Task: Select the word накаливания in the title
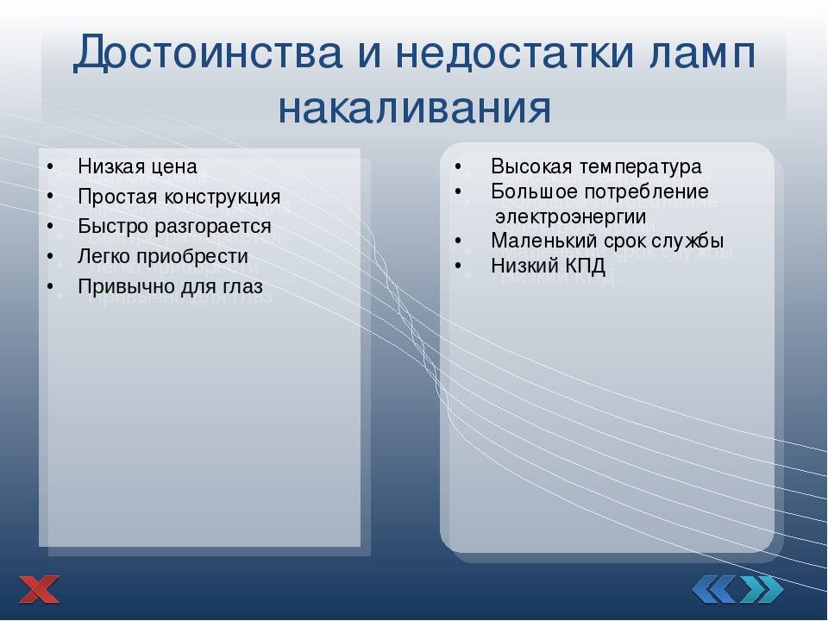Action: click(x=414, y=108)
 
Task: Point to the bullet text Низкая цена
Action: click(x=137, y=166)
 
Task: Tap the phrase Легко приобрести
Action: click(x=162, y=256)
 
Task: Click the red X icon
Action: click(x=40, y=589)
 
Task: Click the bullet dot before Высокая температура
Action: click(x=459, y=166)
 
